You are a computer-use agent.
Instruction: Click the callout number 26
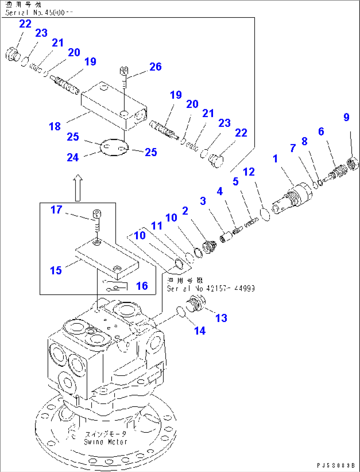coord(155,67)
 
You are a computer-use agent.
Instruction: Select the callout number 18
coord(55,126)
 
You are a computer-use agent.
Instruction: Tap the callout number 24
coord(73,157)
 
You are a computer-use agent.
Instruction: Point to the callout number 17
coord(56,210)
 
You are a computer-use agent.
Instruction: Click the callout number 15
coord(56,270)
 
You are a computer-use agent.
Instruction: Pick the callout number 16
coord(142,286)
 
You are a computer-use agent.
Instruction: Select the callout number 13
coord(221,318)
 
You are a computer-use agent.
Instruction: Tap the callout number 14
coord(200,331)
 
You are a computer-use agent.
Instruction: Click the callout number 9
coord(346,117)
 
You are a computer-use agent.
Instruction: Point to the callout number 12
coord(249,172)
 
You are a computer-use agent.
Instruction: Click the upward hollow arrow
coord(78,188)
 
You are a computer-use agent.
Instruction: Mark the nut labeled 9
coord(353,164)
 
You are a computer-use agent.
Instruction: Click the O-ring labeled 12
coord(266,214)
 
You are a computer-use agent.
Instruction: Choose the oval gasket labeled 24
coord(114,147)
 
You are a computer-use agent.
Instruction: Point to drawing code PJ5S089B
coord(336,465)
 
